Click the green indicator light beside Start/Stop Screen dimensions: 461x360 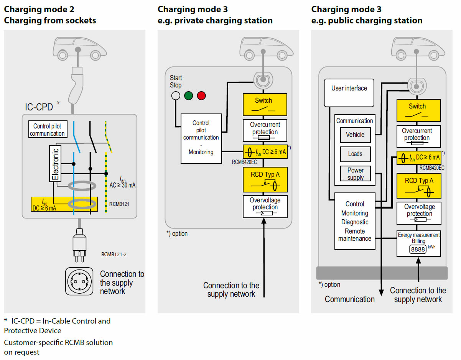[x=188, y=95]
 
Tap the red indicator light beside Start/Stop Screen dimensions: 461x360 [x=201, y=95]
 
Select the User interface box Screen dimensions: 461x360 [x=349, y=93]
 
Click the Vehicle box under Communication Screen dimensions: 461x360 [x=356, y=135]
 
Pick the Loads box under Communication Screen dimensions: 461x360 [x=356, y=154]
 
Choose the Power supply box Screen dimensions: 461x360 [x=356, y=173]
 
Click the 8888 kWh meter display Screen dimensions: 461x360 [x=418, y=249]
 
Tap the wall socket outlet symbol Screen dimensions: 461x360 [x=79, y=281]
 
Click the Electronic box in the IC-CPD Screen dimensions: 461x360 [x=55, y=164]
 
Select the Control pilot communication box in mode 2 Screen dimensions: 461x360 [x=48, y=129]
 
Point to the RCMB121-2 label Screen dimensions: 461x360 [x=114, y=254]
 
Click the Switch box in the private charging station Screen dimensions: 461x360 [x=265, y=105]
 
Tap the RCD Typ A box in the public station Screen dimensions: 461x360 [x=419, y=186]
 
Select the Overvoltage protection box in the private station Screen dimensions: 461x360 [x=265, y=207]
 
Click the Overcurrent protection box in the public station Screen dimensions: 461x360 [x=418, y=136]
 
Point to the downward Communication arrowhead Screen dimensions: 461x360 [x=381, y=293]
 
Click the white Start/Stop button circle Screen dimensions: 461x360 [x=176, y=95]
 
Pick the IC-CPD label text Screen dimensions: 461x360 [x=39, y=107]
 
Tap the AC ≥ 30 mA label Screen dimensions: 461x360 [x=122, y=185]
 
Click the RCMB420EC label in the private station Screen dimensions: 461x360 [x=244, y=162]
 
